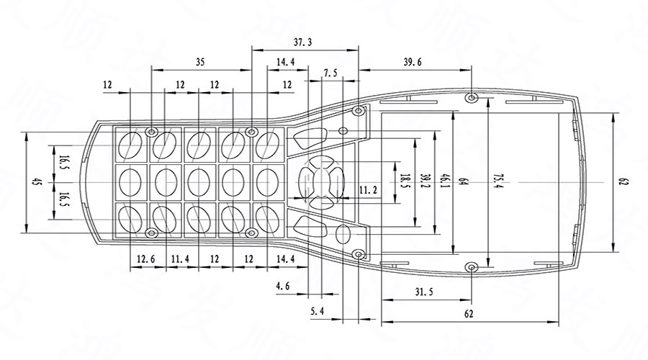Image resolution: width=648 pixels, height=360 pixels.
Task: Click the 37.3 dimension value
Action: pos(304,43)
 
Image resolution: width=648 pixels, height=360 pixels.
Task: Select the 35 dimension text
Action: pos(199,63)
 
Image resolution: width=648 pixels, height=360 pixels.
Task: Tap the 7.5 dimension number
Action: pos(330,73)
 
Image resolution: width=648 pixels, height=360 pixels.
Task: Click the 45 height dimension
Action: pos(34,183)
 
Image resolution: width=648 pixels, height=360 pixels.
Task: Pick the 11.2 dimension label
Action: pos(368,190)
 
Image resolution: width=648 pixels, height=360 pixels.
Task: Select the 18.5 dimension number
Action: pos(405,183)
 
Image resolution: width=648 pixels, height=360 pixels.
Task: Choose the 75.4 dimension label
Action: pos(496,183)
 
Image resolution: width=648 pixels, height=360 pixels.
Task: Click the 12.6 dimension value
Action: pos(146,258)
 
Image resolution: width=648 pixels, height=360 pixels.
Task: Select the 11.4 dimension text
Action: pos(180,258)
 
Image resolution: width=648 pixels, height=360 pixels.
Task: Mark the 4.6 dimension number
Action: pos(283,287)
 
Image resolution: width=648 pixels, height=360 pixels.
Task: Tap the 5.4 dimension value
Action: pos(318,311)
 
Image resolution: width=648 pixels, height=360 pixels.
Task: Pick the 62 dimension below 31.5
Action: pos(469,314)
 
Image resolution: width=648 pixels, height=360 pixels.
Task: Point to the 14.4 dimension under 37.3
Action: pos(285,63)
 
